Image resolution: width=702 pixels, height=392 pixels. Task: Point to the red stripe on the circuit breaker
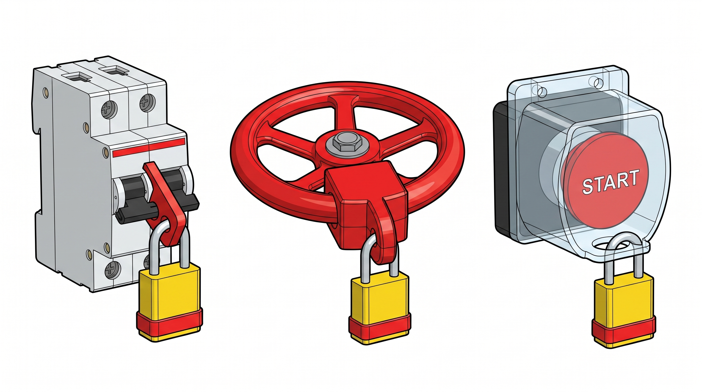(x=149, y=148)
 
